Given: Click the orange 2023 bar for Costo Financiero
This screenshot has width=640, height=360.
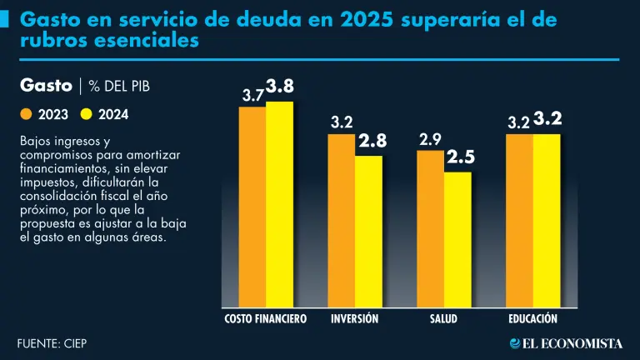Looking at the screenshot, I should tap(252, 208).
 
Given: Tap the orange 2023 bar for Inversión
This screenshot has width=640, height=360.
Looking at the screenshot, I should tap(341, 221).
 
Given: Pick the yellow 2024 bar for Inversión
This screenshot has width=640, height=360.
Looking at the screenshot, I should tap(368, 232).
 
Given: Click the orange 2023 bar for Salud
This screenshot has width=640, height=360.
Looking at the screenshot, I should tap(430, 229).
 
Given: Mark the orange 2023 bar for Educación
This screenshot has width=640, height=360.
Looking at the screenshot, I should tap(519, 221).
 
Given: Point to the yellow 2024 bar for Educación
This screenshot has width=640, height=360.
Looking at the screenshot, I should tap(547, 221).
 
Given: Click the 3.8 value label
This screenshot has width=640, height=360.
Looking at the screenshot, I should tap(281, 87).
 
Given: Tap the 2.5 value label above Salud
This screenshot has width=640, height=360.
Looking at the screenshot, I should tap(460, 157).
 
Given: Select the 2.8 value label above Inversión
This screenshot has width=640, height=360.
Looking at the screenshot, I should tap(372, 142).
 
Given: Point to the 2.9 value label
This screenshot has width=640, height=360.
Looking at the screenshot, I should tap(430, 139).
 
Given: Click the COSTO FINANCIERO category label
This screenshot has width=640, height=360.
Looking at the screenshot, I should tap(266, 319).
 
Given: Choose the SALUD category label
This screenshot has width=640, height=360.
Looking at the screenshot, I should tap(443, 319).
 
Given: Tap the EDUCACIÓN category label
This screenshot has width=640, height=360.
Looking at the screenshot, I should tap(532, 319).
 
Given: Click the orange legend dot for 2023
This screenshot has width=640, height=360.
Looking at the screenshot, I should tap(26, 114).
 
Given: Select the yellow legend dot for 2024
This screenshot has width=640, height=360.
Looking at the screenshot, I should tap(86, 114).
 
